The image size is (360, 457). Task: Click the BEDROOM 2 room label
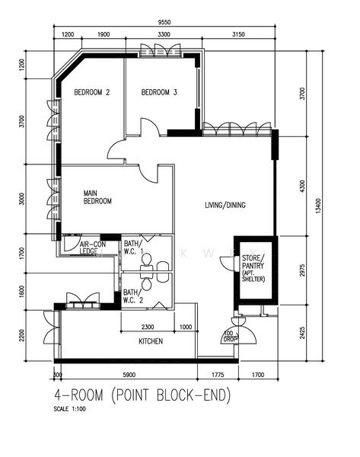point(91,93)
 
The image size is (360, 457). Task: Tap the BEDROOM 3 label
point(159,93)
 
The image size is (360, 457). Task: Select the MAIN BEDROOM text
point(97,197)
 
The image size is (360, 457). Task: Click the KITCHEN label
point(150,341)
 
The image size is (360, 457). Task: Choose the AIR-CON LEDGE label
point(94,248)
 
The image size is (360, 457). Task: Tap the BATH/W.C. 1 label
point(133,248)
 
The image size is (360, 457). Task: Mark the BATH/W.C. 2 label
point(132,296)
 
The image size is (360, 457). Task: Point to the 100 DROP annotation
point(228,336)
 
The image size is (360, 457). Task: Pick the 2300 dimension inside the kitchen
point(150,328)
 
